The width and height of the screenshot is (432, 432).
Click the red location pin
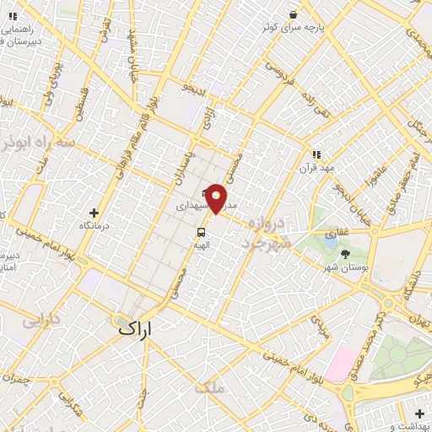(217, 197)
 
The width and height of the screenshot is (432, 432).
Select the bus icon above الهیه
(202, 231)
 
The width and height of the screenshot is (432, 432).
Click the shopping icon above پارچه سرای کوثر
(292, 14)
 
